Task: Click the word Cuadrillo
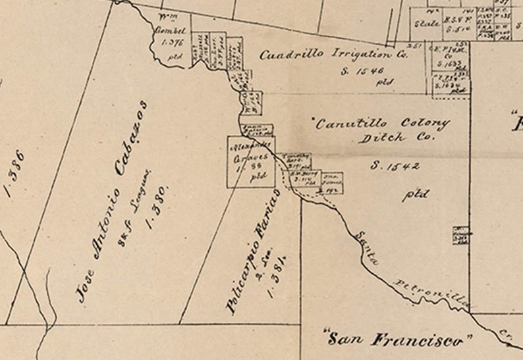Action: [285, 55]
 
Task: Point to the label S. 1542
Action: [395, 166]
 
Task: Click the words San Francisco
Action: [399, 340]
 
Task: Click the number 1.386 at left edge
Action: [15, 173]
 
